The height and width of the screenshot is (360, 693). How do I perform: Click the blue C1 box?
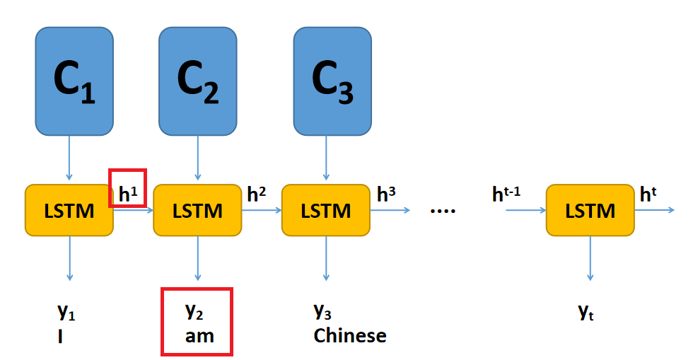[74, 81]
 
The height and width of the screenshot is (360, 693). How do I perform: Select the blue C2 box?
[197, 81]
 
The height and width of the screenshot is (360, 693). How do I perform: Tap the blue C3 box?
[332, 81]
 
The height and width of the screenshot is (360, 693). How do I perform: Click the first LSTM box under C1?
[69, 210]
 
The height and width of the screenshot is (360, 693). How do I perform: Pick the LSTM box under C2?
[197, 210]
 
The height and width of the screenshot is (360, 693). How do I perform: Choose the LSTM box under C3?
[326, 210]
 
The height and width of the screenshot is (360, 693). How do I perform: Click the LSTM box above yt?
[590, 210]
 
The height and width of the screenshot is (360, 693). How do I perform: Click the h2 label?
[257, 194]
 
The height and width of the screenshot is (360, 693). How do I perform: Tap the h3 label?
[386, 194]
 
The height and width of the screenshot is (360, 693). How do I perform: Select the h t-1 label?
[506, 194]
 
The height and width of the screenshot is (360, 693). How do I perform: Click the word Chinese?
[350, 335]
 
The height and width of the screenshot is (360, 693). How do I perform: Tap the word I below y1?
[61, 335]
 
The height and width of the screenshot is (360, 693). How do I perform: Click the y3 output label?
[323, 311]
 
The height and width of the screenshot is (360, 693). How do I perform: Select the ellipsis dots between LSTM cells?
[443, 210]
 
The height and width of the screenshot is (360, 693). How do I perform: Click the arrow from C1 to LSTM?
[69, 157]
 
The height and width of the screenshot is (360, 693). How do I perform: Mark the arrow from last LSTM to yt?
[590, 258]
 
